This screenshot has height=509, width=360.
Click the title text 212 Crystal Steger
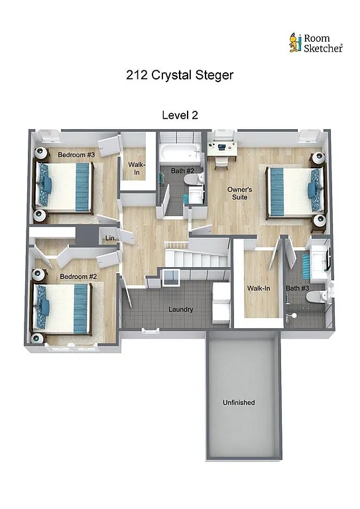coord(180,75)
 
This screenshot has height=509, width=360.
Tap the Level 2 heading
coord(180,115)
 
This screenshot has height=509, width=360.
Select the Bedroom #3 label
coord(76,154)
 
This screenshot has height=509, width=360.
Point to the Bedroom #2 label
coord(78,276)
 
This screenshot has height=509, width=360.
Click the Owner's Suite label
coord(239,194)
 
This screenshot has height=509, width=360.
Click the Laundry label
coord(180,310)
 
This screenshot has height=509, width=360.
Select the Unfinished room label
coord(239,402)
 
